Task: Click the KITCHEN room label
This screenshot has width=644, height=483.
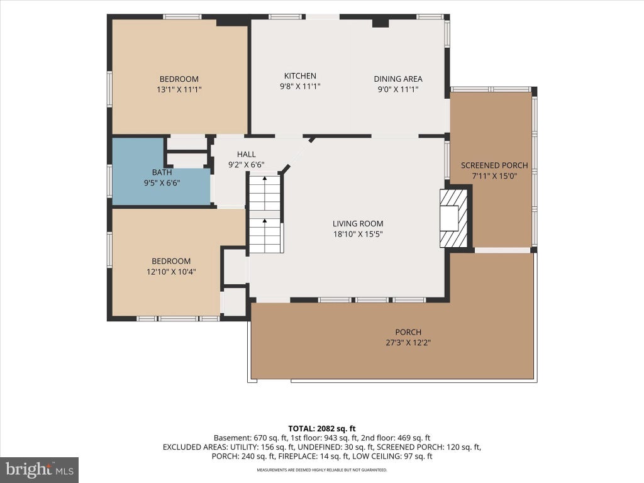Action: point(300,76)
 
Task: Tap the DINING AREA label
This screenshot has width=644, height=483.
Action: point(398,79)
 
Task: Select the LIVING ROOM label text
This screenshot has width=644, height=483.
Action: point(358,224)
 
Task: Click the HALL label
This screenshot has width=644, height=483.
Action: point(247,155)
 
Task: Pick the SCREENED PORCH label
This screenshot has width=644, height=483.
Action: point(494,165)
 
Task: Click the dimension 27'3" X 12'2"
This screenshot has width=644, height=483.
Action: point(408,343)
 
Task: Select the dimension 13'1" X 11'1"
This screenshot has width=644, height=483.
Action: point(179,89)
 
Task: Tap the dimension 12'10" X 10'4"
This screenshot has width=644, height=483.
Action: point(171,272)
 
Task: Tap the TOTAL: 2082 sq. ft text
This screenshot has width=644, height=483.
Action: point(322,429)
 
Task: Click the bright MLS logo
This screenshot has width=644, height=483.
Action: point(40,470)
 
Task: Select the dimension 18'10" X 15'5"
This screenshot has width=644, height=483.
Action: point(358,235)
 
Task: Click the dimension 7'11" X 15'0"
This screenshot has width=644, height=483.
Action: point(494,176)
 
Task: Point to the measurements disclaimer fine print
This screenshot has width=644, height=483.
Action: point(322,470)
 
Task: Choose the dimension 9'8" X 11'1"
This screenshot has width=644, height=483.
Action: point(300,86)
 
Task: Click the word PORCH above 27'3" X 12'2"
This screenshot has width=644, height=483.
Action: point(408,332)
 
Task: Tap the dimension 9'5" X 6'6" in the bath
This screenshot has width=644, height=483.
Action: point(162,183)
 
